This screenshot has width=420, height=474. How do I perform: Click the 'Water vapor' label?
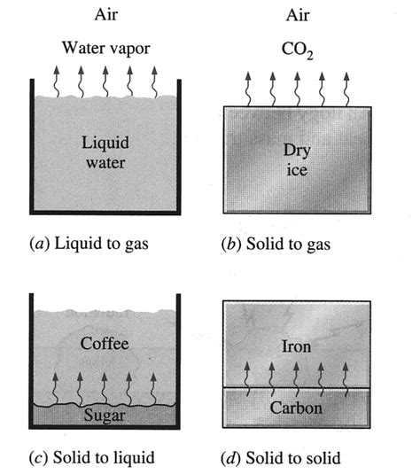click(x=105, y=47)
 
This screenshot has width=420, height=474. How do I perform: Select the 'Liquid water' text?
click(x=105, y=152)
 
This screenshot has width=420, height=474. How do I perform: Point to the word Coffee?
click(x=105, y=343)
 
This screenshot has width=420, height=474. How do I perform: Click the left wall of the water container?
click(x=33, y=146)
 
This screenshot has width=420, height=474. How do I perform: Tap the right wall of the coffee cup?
click(x=178, y=363)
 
